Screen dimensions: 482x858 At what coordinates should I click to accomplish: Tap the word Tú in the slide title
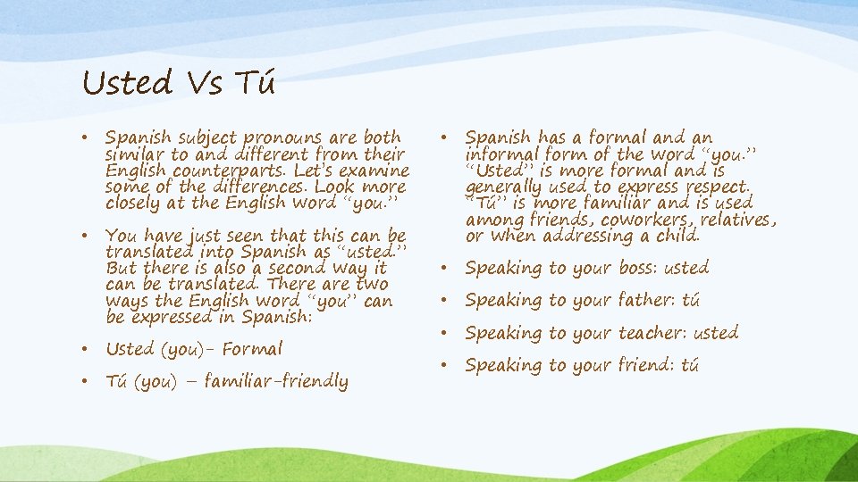pos(255,84)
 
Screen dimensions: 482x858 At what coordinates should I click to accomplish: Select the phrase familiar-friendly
pos(276,382)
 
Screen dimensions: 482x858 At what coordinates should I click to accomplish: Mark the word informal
pos(498,154)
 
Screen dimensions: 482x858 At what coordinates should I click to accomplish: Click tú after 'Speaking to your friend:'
pos(689,365)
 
